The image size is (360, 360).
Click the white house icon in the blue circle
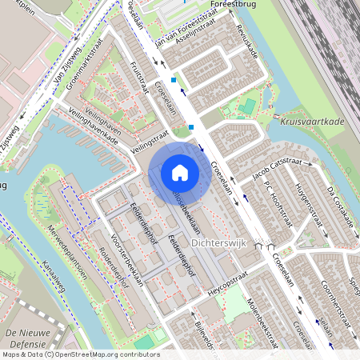[x=179, y=172]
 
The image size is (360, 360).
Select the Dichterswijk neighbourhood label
[x=218, y=241]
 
